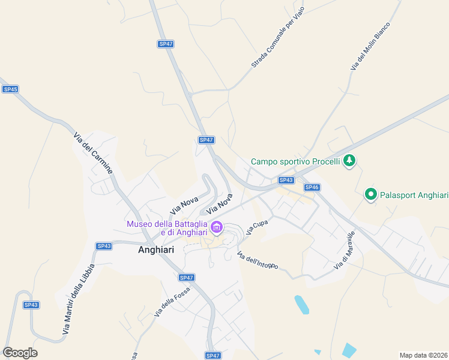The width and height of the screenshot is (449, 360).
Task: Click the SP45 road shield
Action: pyautogui.click(x=10, y=89)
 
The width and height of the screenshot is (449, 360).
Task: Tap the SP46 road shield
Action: pyautogui.click(x=312, y=187)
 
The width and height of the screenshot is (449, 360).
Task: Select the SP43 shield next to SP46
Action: pyautogui.click(x=286, y=180)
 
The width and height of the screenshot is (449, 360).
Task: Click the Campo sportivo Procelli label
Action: pyautogui.click(x=295, y=161)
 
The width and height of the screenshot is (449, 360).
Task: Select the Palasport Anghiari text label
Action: pyautogui.click(x=414, y=195)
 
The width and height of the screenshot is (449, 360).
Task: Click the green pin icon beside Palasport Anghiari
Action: pyautogui.click(x=371, y=194)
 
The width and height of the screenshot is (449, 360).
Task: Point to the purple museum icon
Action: pyautogui.click(x=217, y=228)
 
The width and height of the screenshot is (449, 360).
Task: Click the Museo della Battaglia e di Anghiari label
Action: pyautogui.click(x=166, y=229)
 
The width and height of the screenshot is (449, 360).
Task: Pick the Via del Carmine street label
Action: pyautogui.click(x=93, y=154)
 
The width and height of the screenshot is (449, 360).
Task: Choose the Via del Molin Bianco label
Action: pyautogui.click(x=370, y=47)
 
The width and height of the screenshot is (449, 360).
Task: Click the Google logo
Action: pyautogui.click(x=20, y=353)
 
